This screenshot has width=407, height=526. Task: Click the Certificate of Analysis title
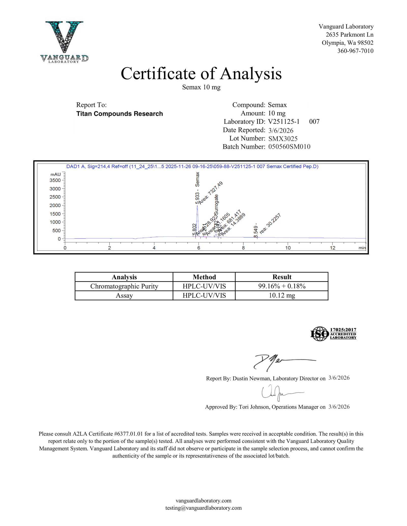(201, 74)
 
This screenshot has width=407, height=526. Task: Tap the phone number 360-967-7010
(355, 51)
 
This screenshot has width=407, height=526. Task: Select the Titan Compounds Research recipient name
(120, 114)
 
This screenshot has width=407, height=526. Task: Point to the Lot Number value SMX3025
(283, 139)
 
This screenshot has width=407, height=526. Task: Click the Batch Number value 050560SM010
(289, 147)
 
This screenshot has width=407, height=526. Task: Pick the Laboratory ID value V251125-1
(284, 122)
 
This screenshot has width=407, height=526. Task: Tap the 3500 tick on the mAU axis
(55, 180)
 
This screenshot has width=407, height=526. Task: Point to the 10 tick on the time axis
(288, 248)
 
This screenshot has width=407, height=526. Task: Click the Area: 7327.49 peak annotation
(211, 193)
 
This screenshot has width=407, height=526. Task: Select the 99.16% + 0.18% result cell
(282, 286)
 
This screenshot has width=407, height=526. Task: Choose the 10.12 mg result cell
(282, 296)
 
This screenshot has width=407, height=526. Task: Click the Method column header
(204, 277)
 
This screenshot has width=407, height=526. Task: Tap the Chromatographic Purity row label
(124, 286)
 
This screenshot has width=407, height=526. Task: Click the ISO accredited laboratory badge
(333, 334)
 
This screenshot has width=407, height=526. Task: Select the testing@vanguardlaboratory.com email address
(203, 508)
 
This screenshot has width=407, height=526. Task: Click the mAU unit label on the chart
(55, 174)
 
